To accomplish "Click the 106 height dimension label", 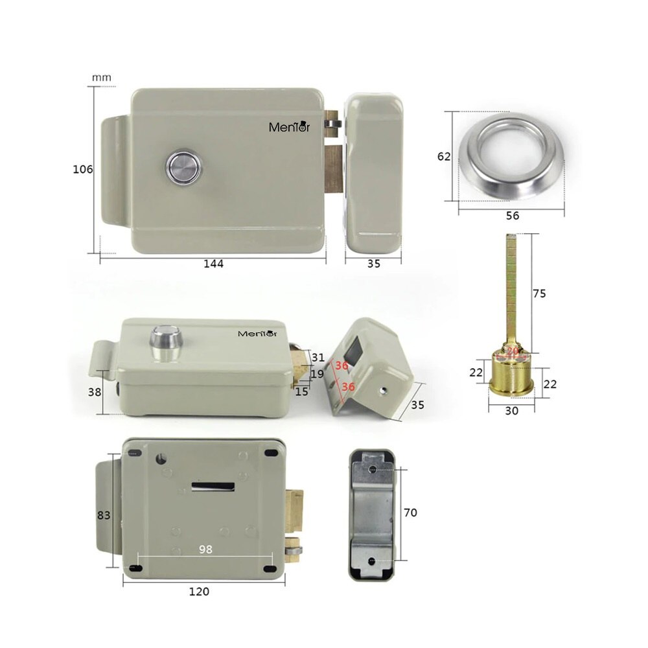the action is click(83, 169).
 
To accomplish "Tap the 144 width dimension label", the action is click(213, 264).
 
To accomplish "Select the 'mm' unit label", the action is click(101, 78).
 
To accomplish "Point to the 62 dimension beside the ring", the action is click(444, 156).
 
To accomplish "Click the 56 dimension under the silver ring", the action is click(513, 215).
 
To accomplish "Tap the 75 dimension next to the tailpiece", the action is click(539, 294).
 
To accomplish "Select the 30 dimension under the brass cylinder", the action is click(512, 410).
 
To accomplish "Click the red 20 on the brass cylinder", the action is click(513, 351).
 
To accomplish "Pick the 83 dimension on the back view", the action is click(104, 515).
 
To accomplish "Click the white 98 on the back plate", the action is click(205, 549).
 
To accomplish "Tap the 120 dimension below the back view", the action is click(199, 592).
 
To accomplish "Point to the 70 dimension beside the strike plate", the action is click(410, 513).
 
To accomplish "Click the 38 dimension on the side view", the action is click(95, 391).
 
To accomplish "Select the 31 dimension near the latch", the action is click(318, 358).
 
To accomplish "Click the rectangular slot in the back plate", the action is click(213, 487).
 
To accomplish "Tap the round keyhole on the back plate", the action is click(161, 458).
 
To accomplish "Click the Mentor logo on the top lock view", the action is click(289, 126).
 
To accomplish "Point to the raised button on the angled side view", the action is click(166, 342).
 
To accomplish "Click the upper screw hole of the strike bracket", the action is click(373, 469).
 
